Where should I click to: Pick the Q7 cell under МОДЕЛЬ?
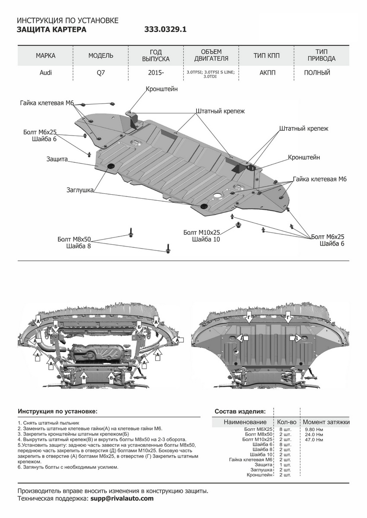(100, 73)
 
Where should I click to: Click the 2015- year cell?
(156, 73)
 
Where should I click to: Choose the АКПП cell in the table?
(267, 73)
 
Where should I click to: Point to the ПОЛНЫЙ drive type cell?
(317, 73)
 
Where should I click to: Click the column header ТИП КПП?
(267, 56)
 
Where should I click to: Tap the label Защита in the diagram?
(57, 159)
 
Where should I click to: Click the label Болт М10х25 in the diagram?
(201, 232)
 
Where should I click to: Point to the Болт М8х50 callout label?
(76, 239)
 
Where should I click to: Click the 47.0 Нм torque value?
(313, 439)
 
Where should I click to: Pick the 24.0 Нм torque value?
(313, 434)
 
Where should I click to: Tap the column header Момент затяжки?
(326, 422)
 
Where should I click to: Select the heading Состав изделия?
(240, 411)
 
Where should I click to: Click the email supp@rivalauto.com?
(121, 498)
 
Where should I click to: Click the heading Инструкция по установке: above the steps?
(57, 411)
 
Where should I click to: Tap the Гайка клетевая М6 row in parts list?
(251, 460)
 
